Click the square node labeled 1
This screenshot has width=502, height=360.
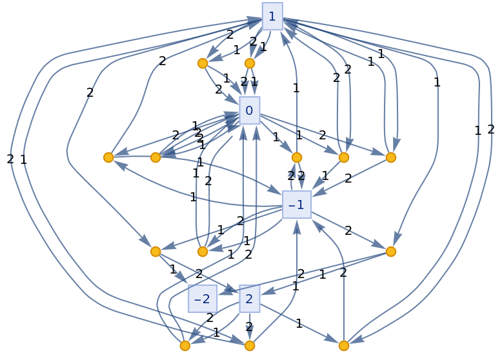pos(272,16)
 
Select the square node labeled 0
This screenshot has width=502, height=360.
pos(249,110)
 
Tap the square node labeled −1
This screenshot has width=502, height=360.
pos(297,205)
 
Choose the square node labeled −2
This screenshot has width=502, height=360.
pos(203,299)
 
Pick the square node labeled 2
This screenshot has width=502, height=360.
pos(249,299)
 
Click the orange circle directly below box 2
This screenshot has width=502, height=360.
pos(250,346)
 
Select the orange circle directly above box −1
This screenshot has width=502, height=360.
pos(297,157)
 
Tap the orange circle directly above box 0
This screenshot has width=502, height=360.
pos(250,63)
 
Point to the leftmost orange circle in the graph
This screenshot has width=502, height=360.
pos(108,157)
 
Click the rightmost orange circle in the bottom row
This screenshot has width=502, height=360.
pos(344,346)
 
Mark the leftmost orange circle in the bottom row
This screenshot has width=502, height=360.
pos(185,346)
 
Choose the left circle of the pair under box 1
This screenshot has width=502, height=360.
pos(203,63)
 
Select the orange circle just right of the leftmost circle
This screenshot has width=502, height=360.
pos(156,157)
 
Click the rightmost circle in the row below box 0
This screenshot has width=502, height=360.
pos(390,157)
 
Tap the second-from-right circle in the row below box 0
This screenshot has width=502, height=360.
pos(344,157)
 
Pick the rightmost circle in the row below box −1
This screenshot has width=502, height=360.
pos(390,252)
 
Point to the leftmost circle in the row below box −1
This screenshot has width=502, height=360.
pos(156,252)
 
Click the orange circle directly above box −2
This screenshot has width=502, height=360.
pos(203,252)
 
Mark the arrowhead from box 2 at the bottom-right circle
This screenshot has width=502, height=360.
pos(332,340)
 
